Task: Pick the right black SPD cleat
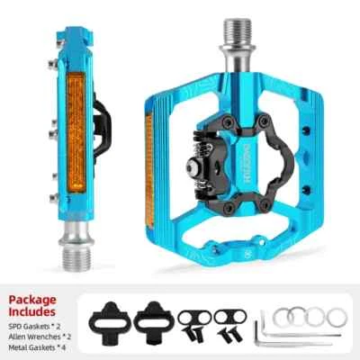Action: tap(151, 319)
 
